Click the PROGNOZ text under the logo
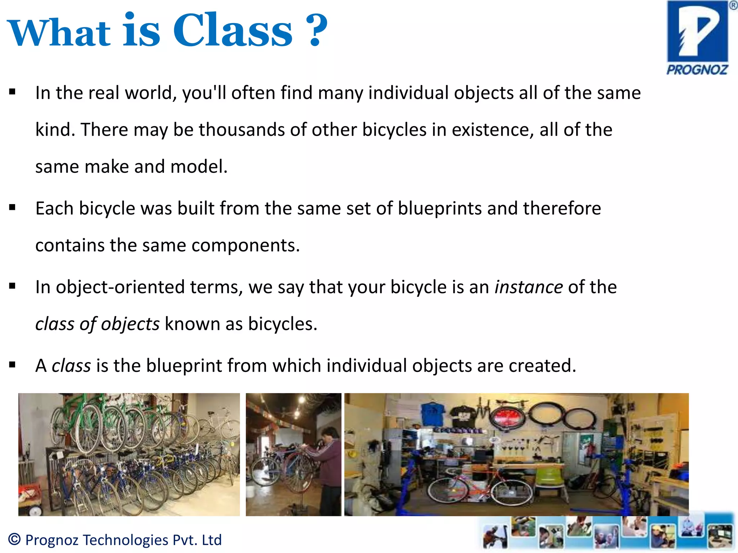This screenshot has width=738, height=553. tap(697, 69)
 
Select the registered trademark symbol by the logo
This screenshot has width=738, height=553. tap(733, 5)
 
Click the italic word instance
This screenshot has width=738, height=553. tap(528, 287)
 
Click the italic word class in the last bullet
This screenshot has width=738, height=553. tap(71, 366)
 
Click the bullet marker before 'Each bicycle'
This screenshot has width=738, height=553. tap(13, 207)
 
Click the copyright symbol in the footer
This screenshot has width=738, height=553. tap(14, 539)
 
